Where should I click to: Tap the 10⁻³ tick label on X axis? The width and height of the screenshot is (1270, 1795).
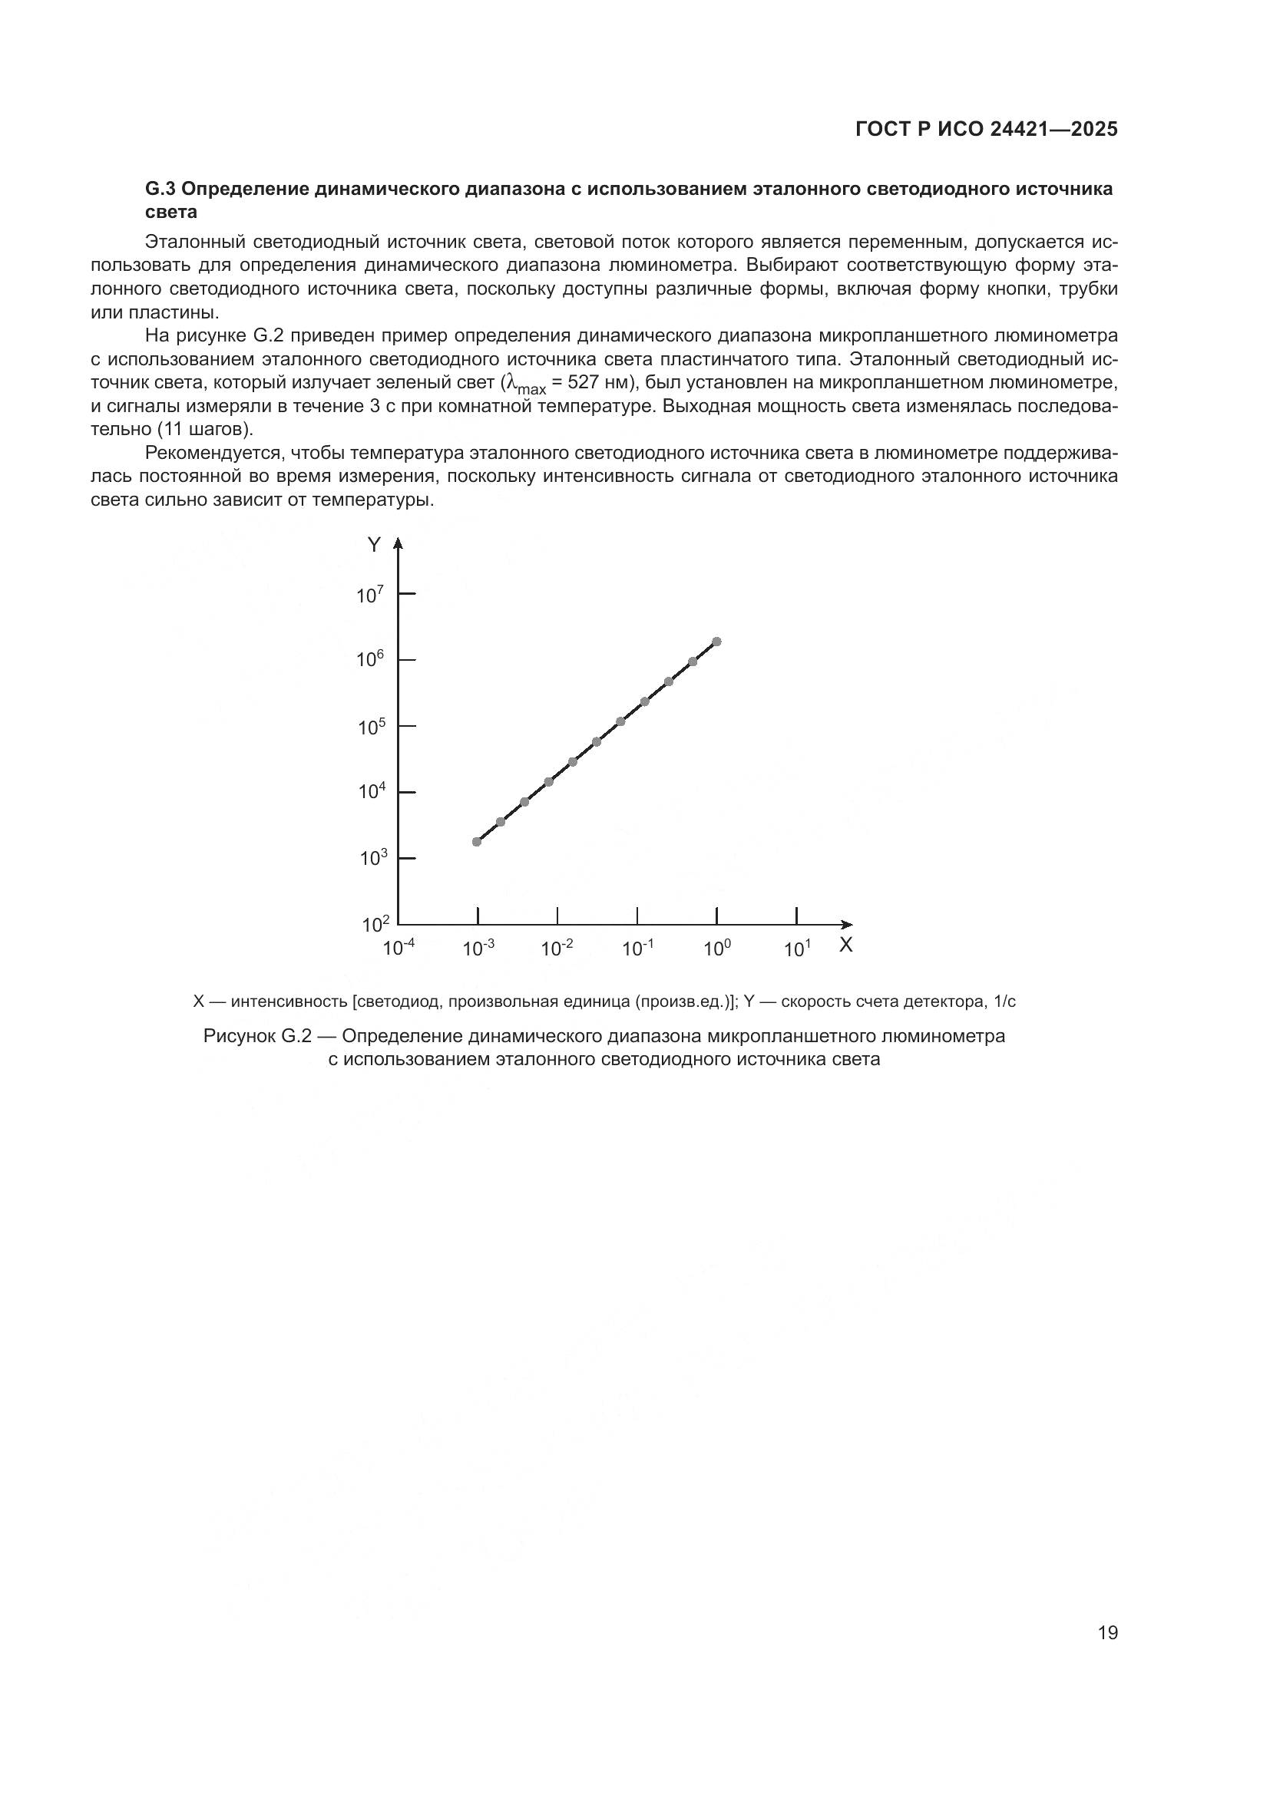tap(478, 949)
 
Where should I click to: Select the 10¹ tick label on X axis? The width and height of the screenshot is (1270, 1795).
tap(797, 949)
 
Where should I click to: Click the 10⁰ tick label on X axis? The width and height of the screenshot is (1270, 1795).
tap(716, 949)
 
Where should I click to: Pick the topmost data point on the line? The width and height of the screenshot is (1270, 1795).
tap(716, 641)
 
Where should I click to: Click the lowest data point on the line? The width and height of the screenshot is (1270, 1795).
tap(476, 842)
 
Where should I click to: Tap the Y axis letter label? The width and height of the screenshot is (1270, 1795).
tap(375, 545)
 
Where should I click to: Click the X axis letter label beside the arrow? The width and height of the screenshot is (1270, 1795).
tap(845, 945)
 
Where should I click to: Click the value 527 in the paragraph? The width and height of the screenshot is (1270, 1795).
tap(583, 383)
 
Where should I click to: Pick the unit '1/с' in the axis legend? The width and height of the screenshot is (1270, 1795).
tap(1004, 1001)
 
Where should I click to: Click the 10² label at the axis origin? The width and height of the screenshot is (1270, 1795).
tap(375, 925)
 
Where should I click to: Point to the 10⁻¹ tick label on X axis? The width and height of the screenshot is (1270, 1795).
tap(637, 949)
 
